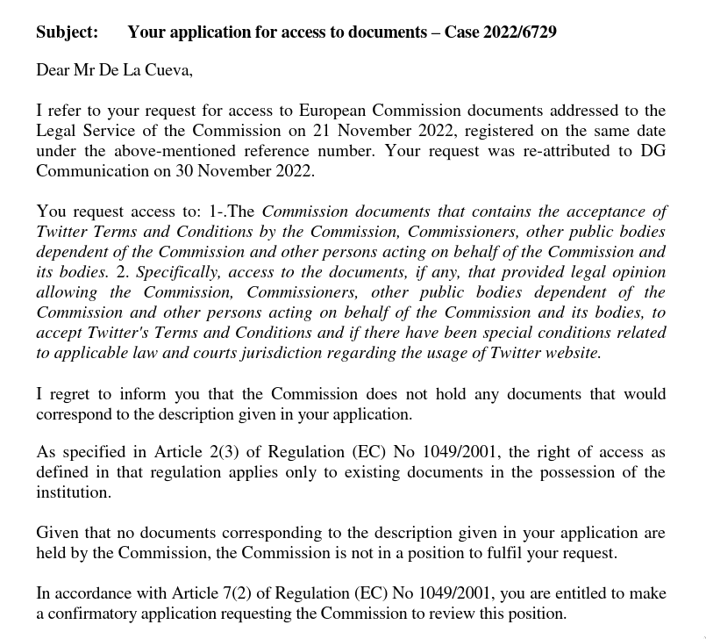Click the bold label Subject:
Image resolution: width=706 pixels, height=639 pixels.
[x=67, y=32]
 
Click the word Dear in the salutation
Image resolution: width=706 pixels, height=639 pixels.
[x=52, y=71]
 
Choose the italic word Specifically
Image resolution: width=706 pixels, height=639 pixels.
[x=182, y=272]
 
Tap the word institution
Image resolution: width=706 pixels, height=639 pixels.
[x=73, y=492]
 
